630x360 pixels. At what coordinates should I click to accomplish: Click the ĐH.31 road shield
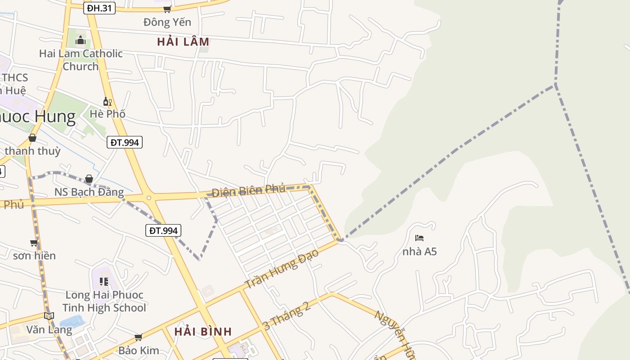[x=99, y=8]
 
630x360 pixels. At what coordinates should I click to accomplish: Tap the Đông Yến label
[x=167, y=22]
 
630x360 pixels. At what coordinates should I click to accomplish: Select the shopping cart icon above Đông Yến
[x=167, y=9]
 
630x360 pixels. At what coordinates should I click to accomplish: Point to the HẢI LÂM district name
[x=183, y=42]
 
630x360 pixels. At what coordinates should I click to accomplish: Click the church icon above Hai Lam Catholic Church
[x=81, y=40]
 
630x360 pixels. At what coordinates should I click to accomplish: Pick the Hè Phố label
[x=107, y=114]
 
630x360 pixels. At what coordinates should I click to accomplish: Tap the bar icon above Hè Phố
[x=107, y=102]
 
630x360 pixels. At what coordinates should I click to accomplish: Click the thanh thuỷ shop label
[x=32, y=151]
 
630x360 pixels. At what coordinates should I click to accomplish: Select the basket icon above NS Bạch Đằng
[x=89, y=179]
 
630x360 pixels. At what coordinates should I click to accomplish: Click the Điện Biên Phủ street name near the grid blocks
[x=248, y=190]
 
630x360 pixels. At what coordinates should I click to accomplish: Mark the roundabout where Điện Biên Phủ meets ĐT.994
[x=148, y=197]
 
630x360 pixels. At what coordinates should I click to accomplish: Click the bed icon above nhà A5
[x=419, y=238]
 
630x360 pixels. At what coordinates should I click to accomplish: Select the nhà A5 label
[x=419, y=251]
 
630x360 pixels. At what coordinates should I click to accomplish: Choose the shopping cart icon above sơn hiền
[x=34, y=243]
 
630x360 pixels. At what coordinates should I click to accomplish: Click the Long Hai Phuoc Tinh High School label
[x=104, y=301]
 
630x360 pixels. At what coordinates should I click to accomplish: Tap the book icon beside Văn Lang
[x=49, y=316]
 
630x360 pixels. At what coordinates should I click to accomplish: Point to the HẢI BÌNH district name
[x=203, y=332]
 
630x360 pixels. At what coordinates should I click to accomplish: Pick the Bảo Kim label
[x=139, y=350]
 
